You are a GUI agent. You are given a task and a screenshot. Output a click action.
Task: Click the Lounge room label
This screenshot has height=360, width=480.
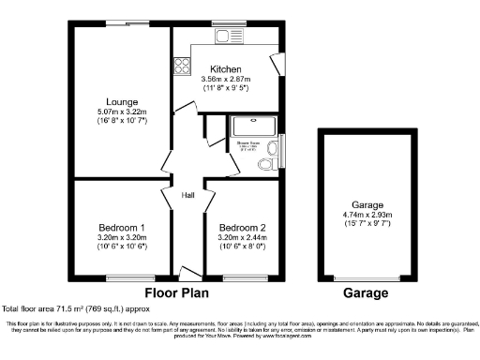(x=123, y=101)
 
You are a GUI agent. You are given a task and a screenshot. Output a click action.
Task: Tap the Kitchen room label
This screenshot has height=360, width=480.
(x=226, y=69)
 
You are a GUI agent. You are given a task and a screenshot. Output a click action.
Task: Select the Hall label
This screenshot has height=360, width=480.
(x=187, y=195)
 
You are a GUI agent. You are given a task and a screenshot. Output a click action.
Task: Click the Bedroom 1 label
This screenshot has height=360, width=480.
(x=122, y=228)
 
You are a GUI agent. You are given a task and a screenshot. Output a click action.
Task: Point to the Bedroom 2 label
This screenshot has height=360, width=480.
(x=242, y=228)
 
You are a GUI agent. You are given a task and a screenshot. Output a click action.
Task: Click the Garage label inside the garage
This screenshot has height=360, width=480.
(x=367, y=204)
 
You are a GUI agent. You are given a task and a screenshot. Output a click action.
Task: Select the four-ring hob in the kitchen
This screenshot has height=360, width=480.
(x=181, y=67)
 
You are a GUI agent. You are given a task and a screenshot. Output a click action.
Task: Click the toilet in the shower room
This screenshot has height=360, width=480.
(x=266, y=163)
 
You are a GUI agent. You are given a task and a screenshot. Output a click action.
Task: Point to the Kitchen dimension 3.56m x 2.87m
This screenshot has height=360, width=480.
(x=226, y=80)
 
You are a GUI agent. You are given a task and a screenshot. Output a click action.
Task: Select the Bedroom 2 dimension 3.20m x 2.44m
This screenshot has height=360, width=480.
(x=242, y=238)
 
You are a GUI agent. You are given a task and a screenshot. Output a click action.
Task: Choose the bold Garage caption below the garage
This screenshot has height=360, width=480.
(x=365, y=293)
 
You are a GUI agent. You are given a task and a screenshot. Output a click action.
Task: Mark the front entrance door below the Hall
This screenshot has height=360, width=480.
(x=187, y=273)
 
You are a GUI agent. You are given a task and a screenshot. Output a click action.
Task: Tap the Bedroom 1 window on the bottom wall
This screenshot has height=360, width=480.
(x=123, y=277)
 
